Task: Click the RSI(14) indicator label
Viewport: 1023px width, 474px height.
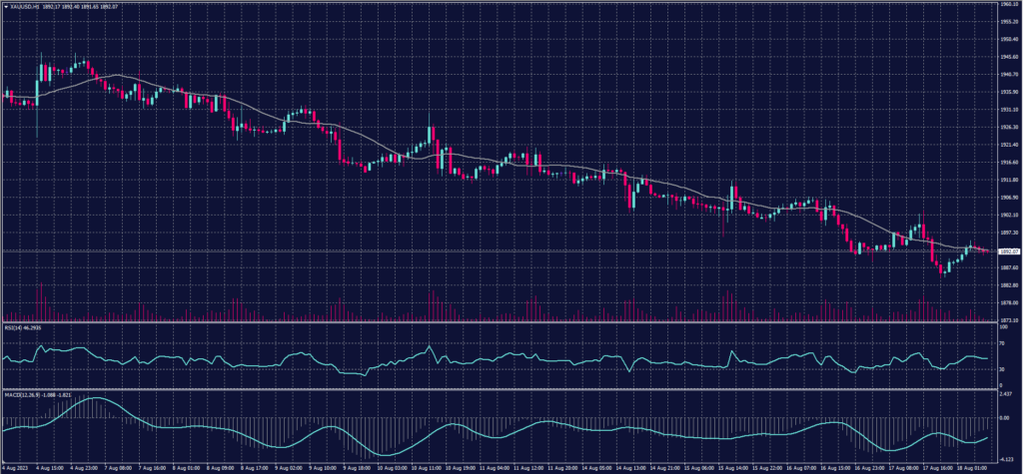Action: [x=16, y=326]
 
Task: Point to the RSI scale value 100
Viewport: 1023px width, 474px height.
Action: [x=1002, y=326]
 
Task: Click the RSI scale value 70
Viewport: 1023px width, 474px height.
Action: [x=1001, y=343]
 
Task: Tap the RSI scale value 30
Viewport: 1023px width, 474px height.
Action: [x=1001, y=368]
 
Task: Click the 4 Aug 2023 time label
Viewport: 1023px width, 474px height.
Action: [x=18, y=466]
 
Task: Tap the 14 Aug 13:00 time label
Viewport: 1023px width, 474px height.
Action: [x=633, y=466]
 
